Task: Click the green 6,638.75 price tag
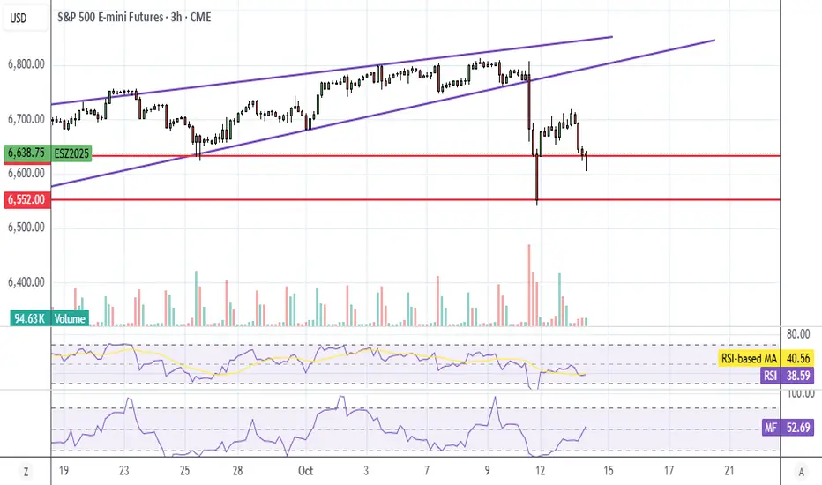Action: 26,153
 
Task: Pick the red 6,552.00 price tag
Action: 26,200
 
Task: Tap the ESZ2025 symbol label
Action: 71,153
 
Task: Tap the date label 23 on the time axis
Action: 125,471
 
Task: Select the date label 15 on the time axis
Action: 609,471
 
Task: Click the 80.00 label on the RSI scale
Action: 798,334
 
